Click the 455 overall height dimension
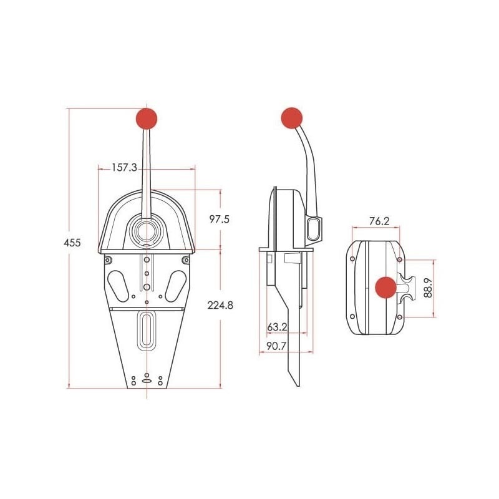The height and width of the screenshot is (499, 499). [73, 243]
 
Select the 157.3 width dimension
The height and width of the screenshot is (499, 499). [124, 167]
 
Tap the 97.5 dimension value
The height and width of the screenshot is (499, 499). [219, 219]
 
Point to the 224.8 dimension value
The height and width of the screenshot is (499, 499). [222, 305]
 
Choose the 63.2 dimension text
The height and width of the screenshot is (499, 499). [278, 326]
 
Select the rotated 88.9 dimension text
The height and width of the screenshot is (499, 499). [427, 288]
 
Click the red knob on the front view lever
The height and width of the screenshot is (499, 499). [147, 119]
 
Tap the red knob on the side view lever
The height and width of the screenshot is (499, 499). [291, 118]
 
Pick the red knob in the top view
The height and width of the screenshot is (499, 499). [385, 288]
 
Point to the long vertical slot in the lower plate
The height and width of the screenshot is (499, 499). [147, 331]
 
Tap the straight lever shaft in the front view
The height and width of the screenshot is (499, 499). [147, 168]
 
